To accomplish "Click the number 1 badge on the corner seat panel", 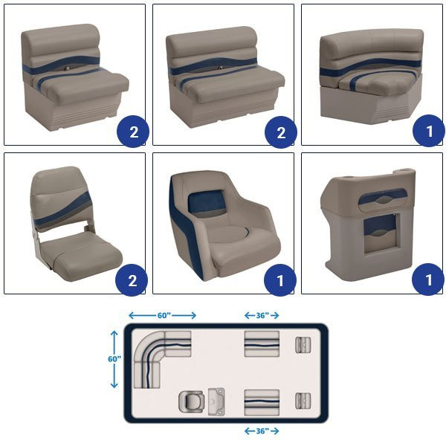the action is click(429, 131).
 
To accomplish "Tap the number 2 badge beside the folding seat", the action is click(132, 280).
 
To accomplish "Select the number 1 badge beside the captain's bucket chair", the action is click(280, 280).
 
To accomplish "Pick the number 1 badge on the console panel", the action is click(428, 279).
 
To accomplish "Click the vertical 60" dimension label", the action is click(114, 359).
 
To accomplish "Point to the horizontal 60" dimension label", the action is click(164, 315).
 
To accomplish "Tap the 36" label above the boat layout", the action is click(262, 315).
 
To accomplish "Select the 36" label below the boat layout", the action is click(262, 431).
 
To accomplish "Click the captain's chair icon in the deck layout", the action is click(192, 401).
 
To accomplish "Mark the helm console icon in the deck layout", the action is click(216, 401).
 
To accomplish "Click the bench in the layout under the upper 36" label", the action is click(262, 344).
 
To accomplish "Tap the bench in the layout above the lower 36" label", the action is click(262, 403).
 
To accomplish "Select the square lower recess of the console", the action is click(381, 233).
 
